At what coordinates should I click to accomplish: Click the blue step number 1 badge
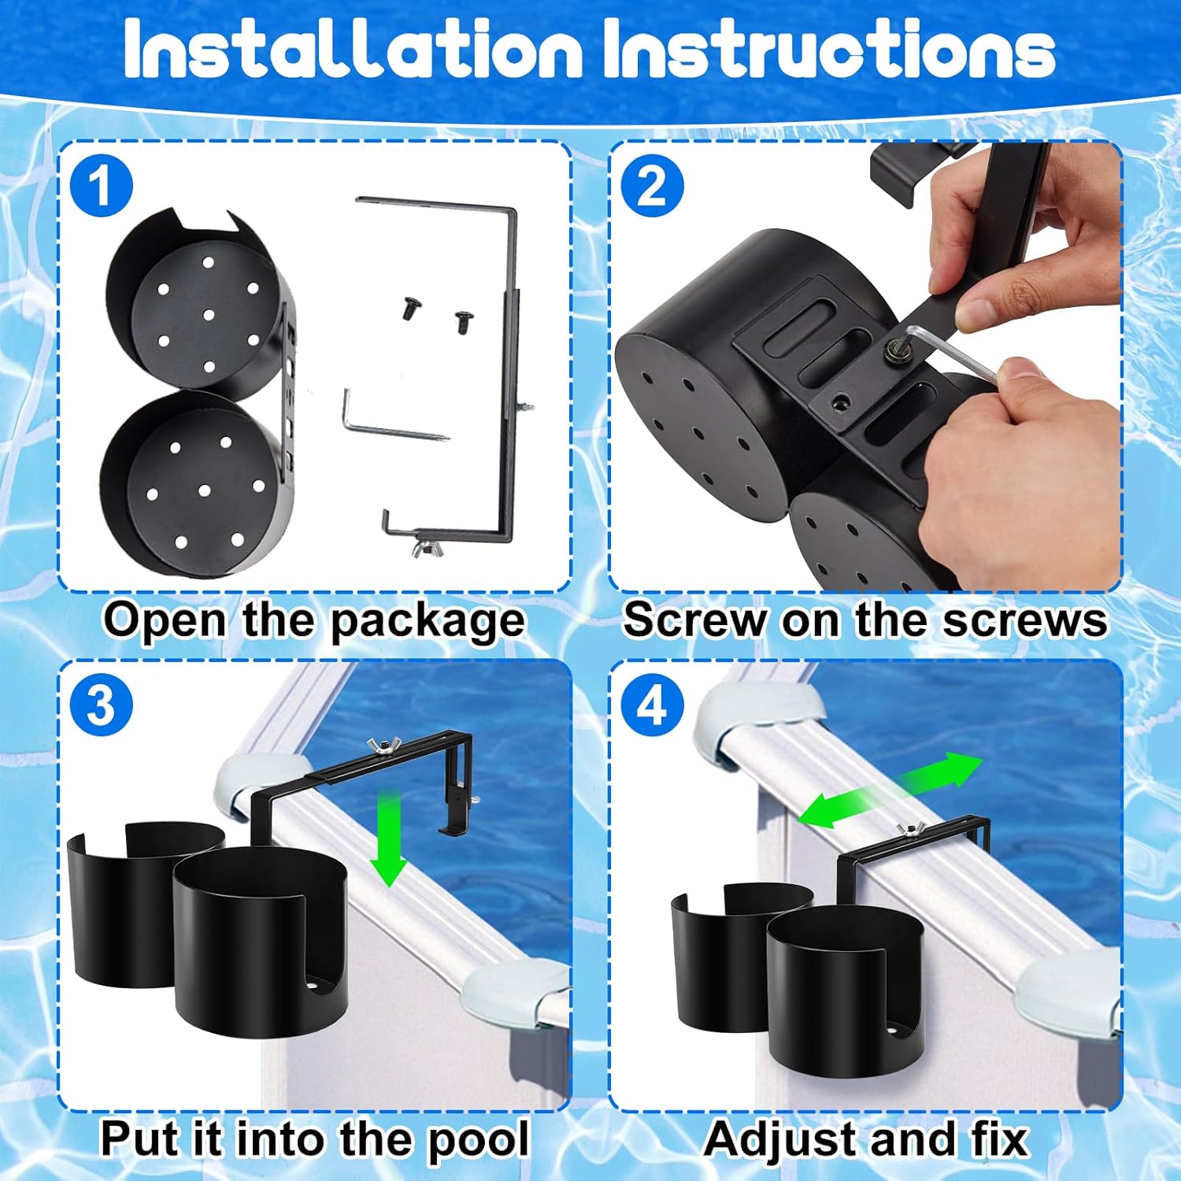coord(101,186)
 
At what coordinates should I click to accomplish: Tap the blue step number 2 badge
coord(652,186)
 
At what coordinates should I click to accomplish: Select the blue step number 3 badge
coord(101,705)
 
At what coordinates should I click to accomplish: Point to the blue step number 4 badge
coord(652,705)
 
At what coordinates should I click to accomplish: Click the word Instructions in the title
coord(829,49)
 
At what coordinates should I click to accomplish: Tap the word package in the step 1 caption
coord(427,621)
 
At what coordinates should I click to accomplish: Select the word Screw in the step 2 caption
coord(693,620)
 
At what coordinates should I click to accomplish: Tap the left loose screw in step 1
coord(409,308)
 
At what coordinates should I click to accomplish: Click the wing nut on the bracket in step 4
coord(906,828)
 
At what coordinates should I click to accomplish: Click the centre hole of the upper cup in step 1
coord(209,315)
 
